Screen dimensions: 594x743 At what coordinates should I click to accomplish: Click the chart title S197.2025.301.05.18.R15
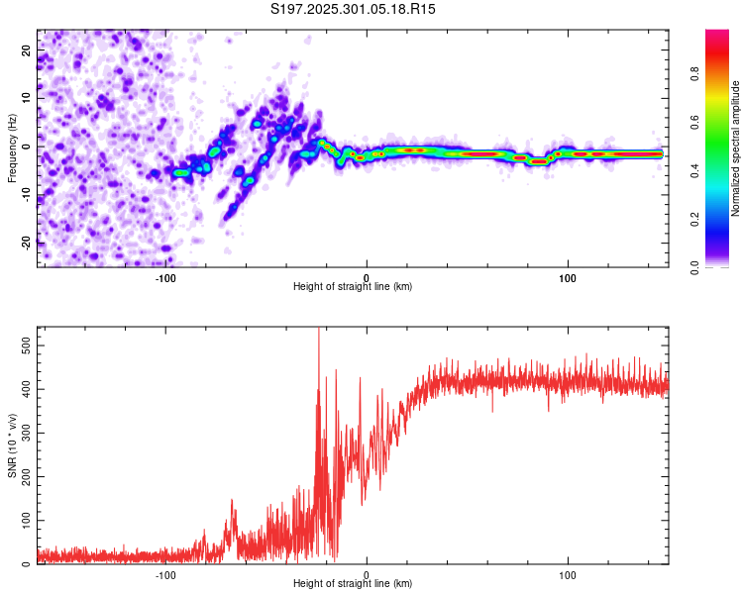coord(354,9)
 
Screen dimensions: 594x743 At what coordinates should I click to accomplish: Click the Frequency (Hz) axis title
coord(12,146)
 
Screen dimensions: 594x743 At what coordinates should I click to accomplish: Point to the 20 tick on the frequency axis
coord(28,49)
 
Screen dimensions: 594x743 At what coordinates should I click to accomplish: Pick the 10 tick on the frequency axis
coord(28,97)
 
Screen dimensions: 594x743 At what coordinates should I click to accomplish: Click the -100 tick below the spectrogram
coord(165,277)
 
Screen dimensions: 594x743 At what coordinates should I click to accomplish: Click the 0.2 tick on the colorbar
coord(694,220)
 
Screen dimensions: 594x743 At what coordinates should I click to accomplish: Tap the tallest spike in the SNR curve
coord(318,331)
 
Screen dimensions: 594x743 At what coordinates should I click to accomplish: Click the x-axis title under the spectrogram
coord(353,286)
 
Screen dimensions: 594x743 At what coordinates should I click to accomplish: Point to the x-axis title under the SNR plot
coord(353,584)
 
